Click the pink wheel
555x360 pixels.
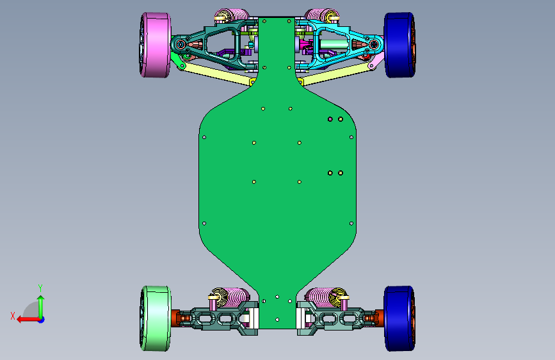[156, 45]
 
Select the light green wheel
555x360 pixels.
[156, 318]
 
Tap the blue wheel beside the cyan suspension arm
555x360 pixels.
[399, 45]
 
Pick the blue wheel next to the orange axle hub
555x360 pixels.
[399, 318]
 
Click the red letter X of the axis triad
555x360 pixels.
[13, 316]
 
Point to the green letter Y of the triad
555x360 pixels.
[40, 288]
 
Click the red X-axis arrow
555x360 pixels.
[28, 320]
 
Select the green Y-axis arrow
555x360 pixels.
[41, 307]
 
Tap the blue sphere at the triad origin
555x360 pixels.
[42, 320]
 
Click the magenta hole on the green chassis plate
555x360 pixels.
[330, 119]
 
